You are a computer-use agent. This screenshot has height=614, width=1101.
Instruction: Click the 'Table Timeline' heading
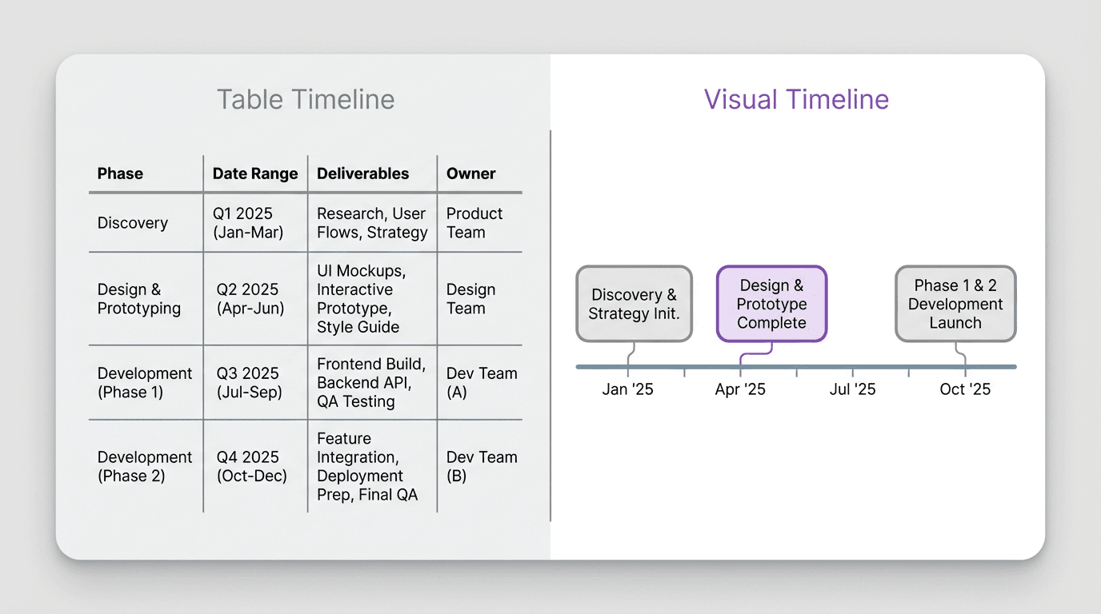(x=306, y=100)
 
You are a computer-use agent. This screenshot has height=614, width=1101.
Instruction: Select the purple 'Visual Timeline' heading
(x=796, y=100)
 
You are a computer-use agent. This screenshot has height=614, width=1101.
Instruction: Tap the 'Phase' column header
(x=120, y=173)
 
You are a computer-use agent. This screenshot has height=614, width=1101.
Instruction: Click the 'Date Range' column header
(x=255, y=173)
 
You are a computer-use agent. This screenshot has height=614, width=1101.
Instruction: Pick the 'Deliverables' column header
(x=362, y=173)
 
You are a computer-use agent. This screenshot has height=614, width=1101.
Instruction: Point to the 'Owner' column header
(x=470, y=173)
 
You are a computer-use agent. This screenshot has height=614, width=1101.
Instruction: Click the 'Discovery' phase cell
(x=133, y=223)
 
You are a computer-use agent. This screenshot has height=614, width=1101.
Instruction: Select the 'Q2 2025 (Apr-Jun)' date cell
(x=250, y=299)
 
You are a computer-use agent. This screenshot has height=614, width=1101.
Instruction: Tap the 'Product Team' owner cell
(x=474, y=223)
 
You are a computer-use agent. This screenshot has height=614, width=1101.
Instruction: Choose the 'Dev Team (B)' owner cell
(x=481, y=466)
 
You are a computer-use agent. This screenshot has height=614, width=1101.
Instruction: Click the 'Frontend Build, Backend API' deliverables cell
(x=371, y=383)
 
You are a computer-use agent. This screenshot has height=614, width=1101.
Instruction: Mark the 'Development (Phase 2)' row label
(x=145, y=466)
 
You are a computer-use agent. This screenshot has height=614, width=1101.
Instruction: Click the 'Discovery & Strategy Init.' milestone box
(x=634, y=304)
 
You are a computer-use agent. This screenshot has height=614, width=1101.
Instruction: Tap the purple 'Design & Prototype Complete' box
(x=771, y=304)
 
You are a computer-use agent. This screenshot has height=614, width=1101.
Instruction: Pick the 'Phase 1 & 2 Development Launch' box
(x=955, y=304)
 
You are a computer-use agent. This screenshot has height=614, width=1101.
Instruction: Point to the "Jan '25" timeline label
(x=627, y=389)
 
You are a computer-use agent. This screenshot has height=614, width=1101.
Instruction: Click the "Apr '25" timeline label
(x=740, y=389)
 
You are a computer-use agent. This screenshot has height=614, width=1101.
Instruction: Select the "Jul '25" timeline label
(x=852, y=389)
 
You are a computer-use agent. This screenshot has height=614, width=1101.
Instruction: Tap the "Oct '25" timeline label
(x=965, y=389)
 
